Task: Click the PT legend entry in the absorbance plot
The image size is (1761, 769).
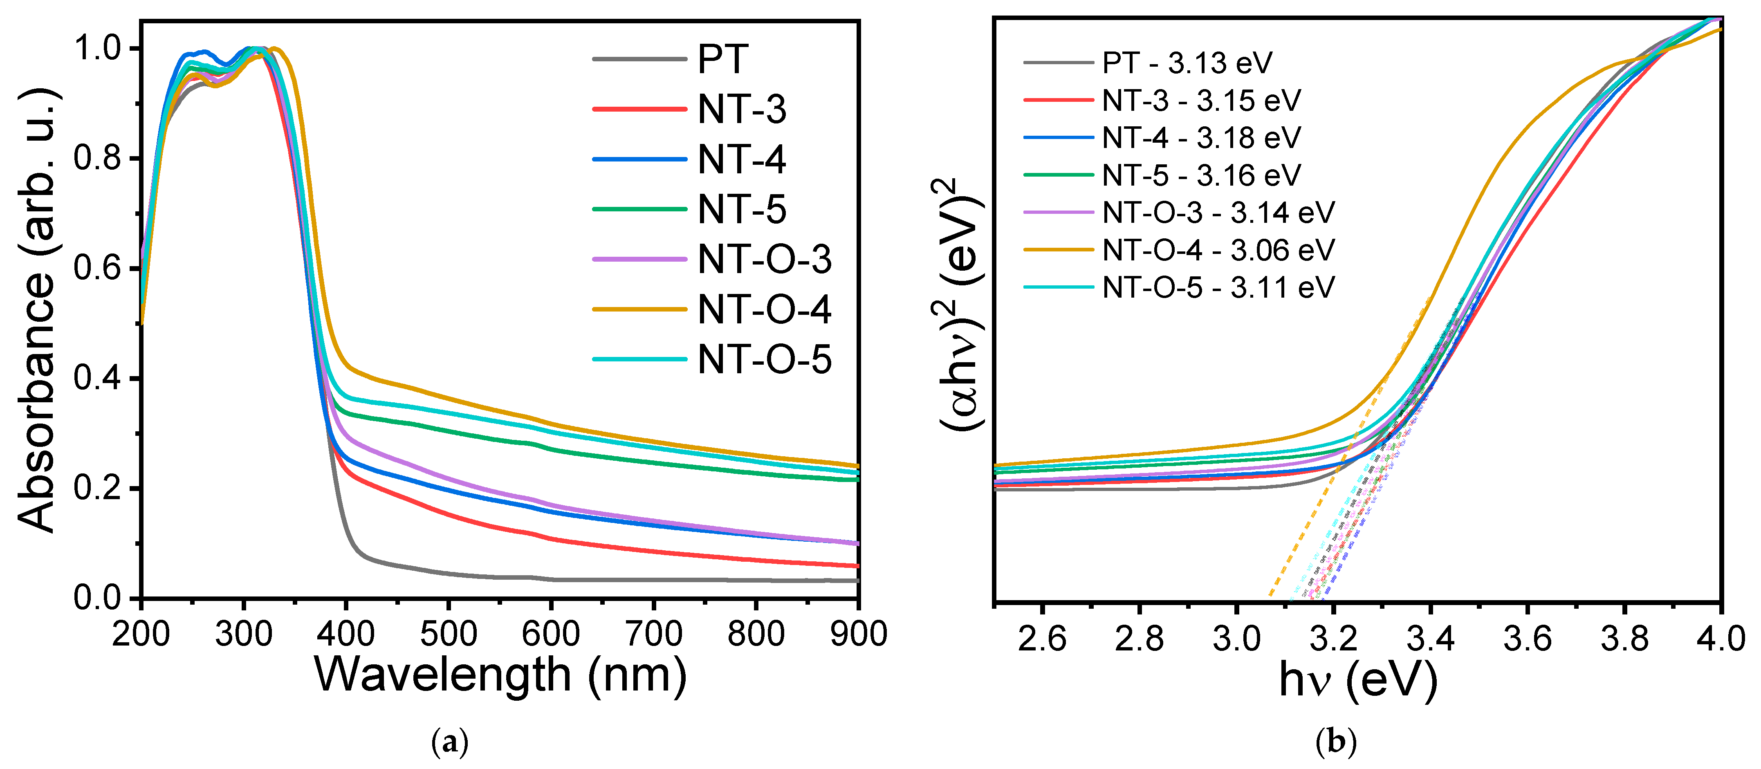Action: [x=722, y=59]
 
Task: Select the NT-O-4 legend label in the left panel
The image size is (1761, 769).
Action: [x=764, y=309]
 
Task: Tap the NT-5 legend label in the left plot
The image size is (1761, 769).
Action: [x=742, y=209]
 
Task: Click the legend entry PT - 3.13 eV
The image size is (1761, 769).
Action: [x=1187, y=63]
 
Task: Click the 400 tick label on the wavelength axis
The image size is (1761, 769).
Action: [x=346, y=634]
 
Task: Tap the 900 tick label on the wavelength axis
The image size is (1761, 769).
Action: [x=858, y=634]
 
